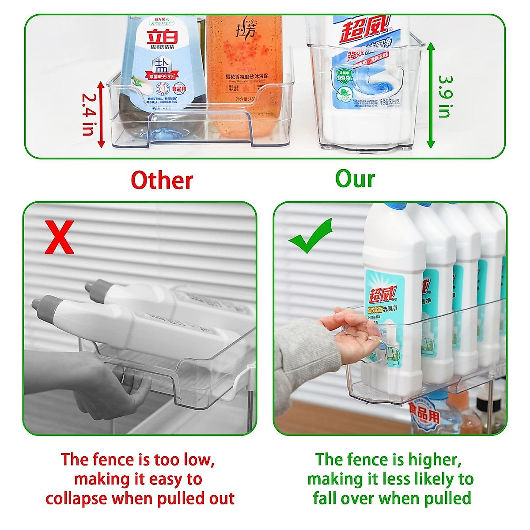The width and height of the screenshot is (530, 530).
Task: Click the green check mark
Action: pyautogui.click(x=310, y=236)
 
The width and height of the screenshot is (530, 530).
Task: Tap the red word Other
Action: pyautogui.click(x=162, y=180)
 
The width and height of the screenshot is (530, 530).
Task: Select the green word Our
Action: pyautogui.click(x=355, y=179)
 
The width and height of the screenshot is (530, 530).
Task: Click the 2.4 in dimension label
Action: pyautogui.click(x=88, y=114)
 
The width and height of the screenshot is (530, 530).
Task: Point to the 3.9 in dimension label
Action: pyautogui.click(x=445, y=96)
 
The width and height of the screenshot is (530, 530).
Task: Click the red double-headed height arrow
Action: pyautogui.click(x=102, y=114)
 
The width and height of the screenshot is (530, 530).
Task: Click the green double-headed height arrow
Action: pyautogui.click(x=431, y=95)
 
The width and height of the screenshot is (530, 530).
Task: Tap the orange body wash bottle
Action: pyautogui.click(x=244, y=75)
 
